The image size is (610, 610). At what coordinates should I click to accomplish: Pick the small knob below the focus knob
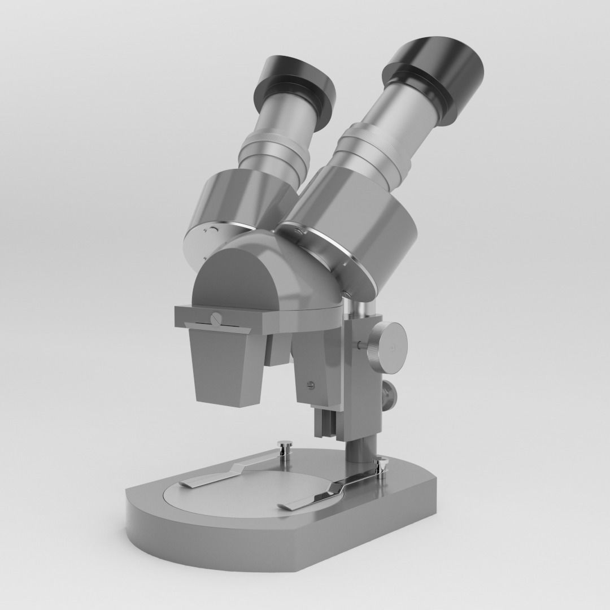pos(389,395)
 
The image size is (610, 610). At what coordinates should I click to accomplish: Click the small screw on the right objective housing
pos(310,386)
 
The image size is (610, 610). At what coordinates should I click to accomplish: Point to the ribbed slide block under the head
pos(325,421)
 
